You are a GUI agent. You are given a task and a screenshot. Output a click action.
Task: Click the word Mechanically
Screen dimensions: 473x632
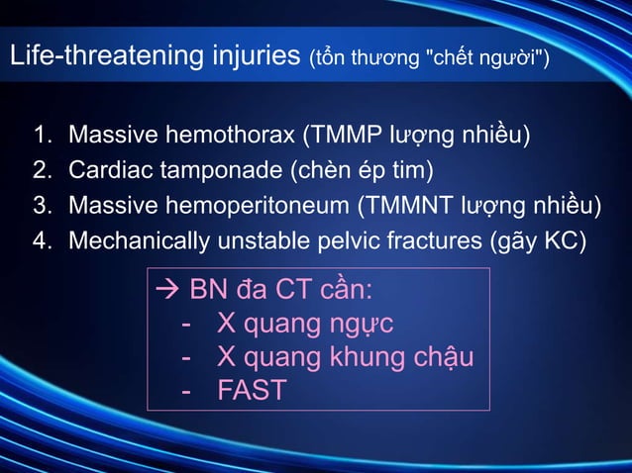click(138, 241)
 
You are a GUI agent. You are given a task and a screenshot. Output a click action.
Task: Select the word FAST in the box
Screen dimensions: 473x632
click(252, 391)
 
